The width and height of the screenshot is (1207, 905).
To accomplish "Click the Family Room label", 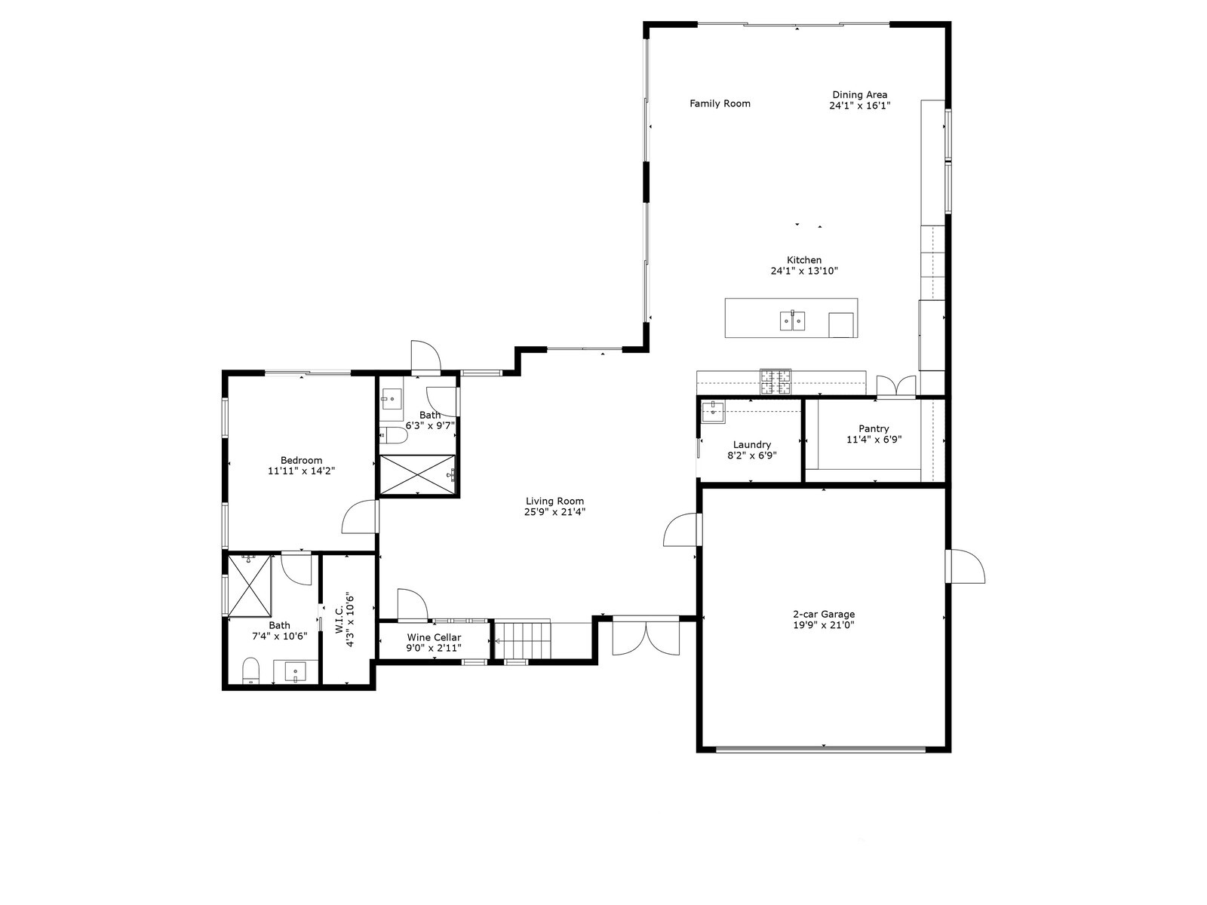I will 720,104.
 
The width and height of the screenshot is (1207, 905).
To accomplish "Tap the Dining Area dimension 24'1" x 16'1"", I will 859,106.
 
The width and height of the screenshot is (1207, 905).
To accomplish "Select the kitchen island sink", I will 791,321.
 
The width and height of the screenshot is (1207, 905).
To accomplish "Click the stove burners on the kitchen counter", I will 775,382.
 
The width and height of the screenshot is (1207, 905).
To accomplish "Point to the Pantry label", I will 874,428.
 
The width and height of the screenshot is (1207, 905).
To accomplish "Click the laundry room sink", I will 712,412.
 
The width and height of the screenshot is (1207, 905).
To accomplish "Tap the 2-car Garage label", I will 823,614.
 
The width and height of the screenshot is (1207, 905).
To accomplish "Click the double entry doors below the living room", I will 646,637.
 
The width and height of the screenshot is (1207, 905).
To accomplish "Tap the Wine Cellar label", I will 434,637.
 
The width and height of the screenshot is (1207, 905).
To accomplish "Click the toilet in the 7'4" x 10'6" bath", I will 250,671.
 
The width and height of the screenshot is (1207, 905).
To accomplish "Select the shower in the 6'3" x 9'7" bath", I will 418,474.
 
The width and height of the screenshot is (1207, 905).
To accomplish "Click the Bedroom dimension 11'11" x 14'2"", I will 301,471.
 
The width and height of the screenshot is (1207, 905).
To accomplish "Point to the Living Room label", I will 554,501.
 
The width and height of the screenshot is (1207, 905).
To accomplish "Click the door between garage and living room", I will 681,529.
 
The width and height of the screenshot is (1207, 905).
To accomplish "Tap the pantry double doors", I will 896,385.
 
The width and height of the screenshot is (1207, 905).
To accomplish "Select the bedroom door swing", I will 361,517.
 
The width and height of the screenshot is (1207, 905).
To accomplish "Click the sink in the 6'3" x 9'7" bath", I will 392,399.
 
